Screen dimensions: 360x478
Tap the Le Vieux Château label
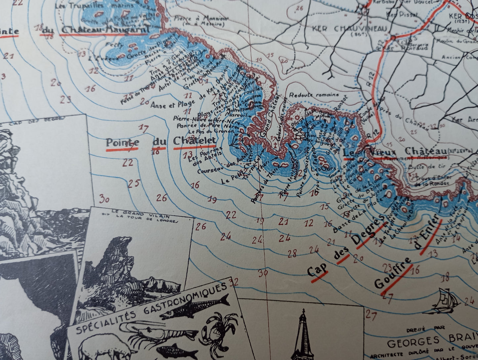click(395, 152)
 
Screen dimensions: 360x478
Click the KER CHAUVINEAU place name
click(349, 28)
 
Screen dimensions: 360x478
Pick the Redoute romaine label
click(314, 95)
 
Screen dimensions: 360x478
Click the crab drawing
click(218, 326)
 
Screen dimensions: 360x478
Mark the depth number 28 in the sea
click(292, 254)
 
